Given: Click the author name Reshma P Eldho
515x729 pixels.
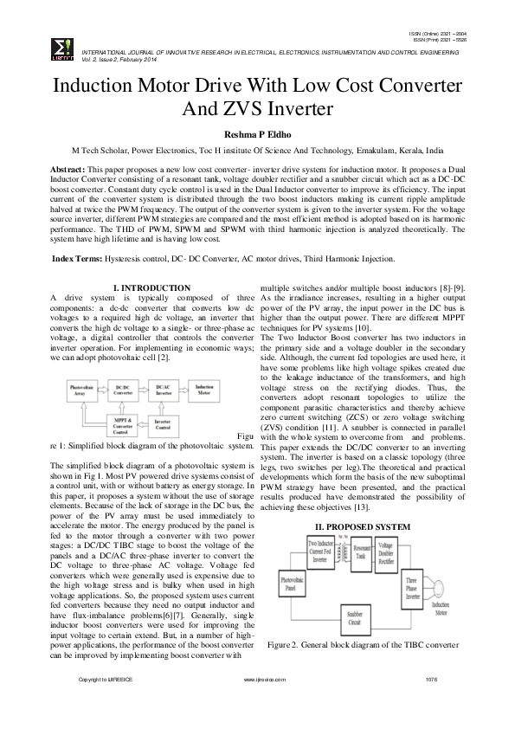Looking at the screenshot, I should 257,134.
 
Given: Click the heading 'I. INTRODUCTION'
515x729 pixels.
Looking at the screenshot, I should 151,287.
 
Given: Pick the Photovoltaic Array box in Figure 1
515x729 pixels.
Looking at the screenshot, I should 82,390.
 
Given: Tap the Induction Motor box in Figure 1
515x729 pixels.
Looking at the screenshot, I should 207,390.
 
